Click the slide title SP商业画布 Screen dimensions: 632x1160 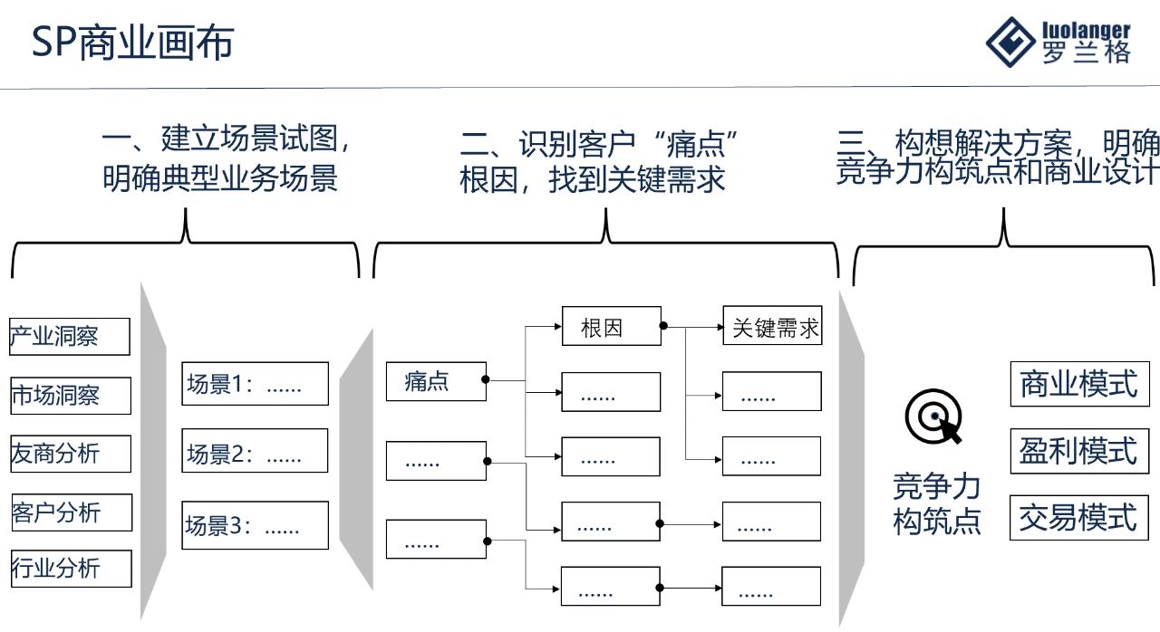132,43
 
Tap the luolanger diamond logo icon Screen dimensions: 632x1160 1010,42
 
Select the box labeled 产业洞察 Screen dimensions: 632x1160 70,337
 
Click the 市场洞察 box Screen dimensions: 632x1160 70,396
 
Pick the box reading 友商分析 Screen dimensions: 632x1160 70,454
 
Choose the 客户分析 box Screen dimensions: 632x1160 72,512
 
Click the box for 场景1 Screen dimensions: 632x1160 255,384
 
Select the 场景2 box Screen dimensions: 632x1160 255,452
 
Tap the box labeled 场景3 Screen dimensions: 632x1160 255,525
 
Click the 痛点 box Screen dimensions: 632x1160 436,381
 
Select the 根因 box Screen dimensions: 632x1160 611,327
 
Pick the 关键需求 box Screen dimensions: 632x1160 772,327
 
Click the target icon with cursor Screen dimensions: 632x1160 933,418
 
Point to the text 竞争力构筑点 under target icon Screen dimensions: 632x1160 936,503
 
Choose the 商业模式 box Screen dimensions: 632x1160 1078,384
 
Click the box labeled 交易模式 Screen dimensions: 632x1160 1078,518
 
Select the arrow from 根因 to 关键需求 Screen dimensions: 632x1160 693,327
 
